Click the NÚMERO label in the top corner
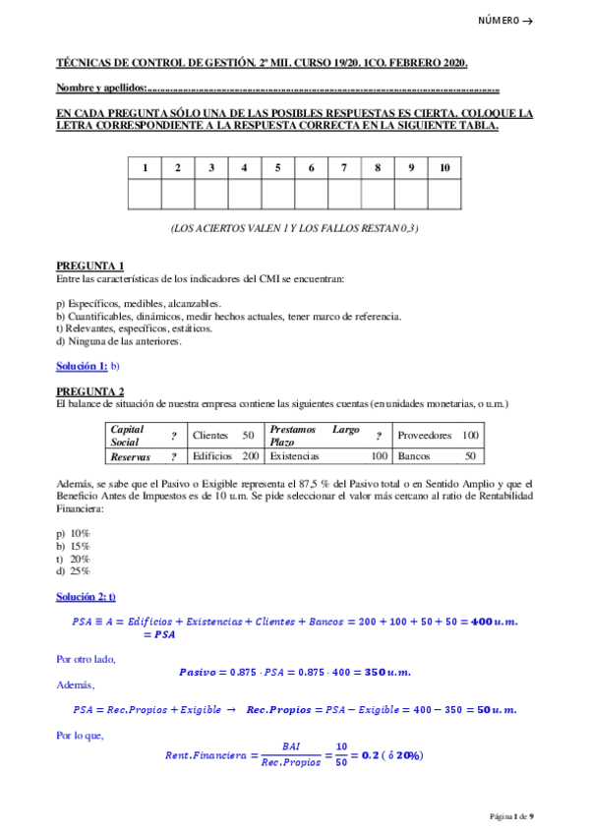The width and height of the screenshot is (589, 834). (x=504, y=21)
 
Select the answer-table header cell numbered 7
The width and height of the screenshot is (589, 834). (x=344, y=167)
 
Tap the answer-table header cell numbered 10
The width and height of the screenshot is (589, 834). (x=444, y=167)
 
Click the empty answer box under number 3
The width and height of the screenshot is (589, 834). (x=211, y=195)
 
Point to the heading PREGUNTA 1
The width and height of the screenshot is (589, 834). (x=89, y=267)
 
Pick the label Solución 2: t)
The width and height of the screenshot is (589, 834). (x=86, y=597)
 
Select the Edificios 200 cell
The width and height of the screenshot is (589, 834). (x=224, y=456)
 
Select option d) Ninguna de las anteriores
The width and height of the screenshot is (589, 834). (x=119, y=341)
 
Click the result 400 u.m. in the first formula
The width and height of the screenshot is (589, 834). (x=495, y=622)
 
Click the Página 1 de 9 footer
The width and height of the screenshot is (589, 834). (x=511, y=816)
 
